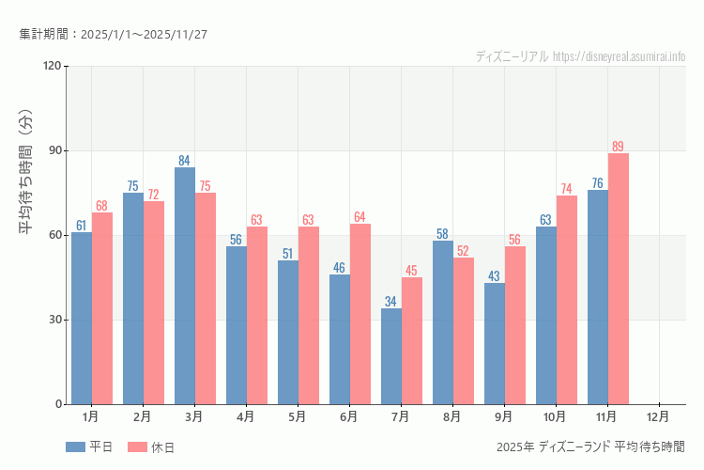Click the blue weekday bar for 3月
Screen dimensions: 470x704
pos(185,286)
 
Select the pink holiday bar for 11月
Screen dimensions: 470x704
pos(619,278)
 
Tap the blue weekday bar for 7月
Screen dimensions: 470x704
pos(391,356)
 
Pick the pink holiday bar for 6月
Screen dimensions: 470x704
pos(360,314)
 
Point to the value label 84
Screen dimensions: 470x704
pos(185,161)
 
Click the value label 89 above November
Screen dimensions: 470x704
pos(618,147)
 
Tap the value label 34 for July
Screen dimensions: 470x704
pos(391,302)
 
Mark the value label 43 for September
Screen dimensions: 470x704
pos(494,276)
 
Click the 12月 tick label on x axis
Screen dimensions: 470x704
pos(659,415)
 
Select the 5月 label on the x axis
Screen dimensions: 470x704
pos(298,415)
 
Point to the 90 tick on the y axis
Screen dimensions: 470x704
pos(53,150)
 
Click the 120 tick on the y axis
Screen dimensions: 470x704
pos(51,66)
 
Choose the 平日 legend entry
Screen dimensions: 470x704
pos(90,447)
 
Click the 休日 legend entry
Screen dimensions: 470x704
pos(152,447)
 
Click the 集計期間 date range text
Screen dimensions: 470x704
pos(113,34)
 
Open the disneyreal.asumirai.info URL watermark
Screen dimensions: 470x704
pos(620,56)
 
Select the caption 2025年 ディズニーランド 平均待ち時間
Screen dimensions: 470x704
pos(590,446)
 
